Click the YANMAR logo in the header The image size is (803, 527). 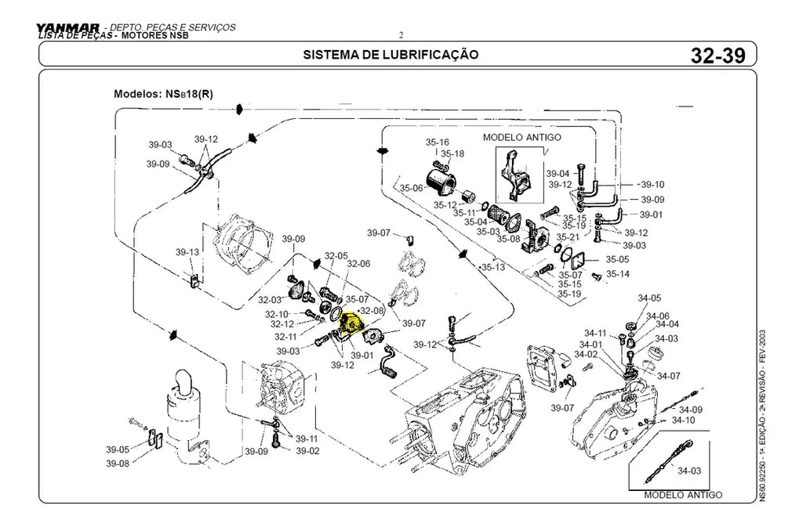click(67, 28)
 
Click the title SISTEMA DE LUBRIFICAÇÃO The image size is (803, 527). click(390, 55)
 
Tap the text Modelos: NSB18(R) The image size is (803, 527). click(163, 94)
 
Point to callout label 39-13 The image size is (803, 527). click(187, 252)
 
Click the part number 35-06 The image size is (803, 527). click(411, 188)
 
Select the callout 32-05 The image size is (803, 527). click(336, 255)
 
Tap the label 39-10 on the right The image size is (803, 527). click(652, 184)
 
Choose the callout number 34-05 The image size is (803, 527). click(649, 298)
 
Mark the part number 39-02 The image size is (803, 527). click(307, 450)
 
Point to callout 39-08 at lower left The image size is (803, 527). click(118, 463)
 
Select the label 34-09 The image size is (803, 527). click(690, 410)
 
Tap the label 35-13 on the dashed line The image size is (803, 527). click(493, 267)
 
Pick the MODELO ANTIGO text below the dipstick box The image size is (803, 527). click(682, 495)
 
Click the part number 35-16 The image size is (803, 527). click(437, 143)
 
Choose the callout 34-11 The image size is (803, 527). click(595, 333)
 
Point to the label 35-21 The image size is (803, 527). click(568, 236)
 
